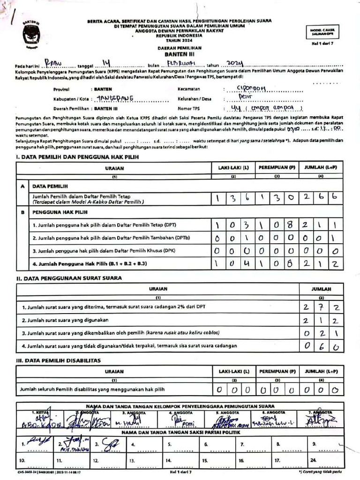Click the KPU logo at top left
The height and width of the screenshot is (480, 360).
[x=32, y=33]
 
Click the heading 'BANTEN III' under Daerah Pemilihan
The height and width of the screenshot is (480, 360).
[x=180, y=54]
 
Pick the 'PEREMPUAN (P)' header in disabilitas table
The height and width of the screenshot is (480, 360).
[x=277, y=371]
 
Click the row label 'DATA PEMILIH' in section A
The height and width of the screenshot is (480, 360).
[x=48, y=186]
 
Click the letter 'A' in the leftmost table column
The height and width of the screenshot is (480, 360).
[x=22, y=186]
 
